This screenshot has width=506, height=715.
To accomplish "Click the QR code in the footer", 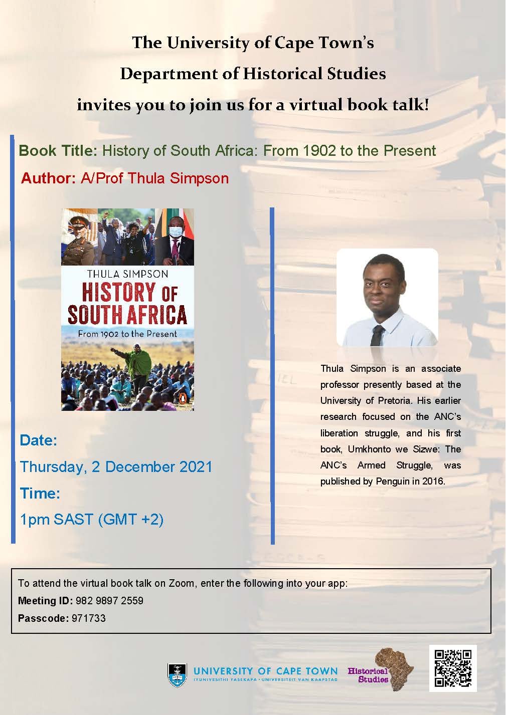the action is (453, 668).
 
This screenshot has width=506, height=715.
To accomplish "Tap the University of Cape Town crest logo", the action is (178, 675).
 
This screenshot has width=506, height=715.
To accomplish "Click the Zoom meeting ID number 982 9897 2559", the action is (109, 601).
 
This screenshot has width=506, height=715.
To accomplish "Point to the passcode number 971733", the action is (88, 618).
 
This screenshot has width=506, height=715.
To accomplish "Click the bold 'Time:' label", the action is (40, 493).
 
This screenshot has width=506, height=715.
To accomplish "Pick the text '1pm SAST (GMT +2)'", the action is (92, 520).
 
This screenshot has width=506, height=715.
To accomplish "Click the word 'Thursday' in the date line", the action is (53, 467).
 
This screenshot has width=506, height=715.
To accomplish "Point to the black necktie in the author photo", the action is (377, 336).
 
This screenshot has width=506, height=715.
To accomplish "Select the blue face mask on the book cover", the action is (176, 231).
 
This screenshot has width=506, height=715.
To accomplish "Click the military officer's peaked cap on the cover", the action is (78, 220).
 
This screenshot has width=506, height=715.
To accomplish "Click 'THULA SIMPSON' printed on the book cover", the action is (127, 274).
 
